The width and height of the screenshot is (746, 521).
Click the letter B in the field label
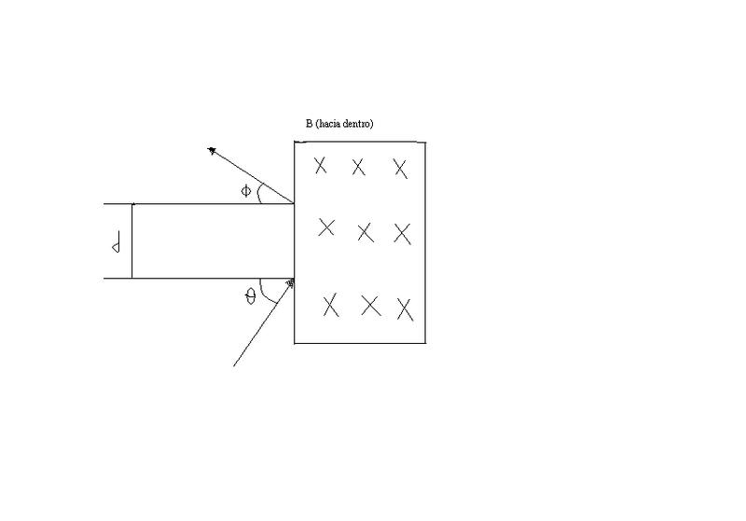(309, 124)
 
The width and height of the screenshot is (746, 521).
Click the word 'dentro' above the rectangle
(357, 124)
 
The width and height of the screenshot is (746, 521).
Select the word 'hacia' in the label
(329, 124)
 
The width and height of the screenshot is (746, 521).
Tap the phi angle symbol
(245, 191)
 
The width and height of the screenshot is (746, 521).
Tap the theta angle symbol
(250, 297)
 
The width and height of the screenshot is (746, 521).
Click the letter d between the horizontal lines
(116, 242)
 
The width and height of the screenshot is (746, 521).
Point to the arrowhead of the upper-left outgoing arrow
(212, 151)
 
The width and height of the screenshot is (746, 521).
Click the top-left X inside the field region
(320, 166)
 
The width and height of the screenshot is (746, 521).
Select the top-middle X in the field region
(358, 168)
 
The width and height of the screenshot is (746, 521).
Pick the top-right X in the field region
(401, 169)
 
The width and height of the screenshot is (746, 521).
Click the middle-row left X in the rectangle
(326, 227)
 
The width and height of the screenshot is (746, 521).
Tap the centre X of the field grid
(366, 233)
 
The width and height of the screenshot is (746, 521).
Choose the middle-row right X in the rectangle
(403, 234)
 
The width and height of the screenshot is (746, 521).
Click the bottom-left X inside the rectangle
(331, 305)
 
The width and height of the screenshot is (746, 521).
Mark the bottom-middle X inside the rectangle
(371, 306)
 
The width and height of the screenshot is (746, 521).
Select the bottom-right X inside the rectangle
(405, 309)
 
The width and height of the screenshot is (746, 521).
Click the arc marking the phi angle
(258, 194)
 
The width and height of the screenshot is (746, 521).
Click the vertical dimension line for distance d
(132, 240)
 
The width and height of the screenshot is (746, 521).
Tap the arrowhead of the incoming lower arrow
(291, 283)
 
